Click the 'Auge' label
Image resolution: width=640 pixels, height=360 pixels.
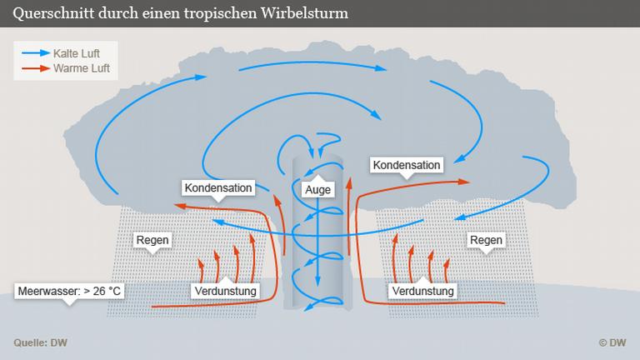pos(317,190)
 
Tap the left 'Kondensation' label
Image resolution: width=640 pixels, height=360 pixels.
pos(217,187)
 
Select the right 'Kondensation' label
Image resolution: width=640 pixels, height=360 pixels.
pos(407,165)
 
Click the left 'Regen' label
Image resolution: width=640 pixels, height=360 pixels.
pos(152,240)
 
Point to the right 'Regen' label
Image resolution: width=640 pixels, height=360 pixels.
pos(486,240)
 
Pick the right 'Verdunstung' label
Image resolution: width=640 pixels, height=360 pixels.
pos(422,291)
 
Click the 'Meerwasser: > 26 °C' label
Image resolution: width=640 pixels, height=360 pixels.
pos(69,292)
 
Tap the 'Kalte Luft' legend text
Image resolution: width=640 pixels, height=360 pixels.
pos(76,53)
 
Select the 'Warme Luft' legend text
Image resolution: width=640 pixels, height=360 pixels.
pos(81,68)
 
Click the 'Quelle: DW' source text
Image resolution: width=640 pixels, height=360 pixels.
pos(40,342)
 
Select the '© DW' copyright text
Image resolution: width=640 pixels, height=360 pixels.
pos(612,342)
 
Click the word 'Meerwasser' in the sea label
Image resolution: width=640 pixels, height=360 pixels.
pos(45,292)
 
